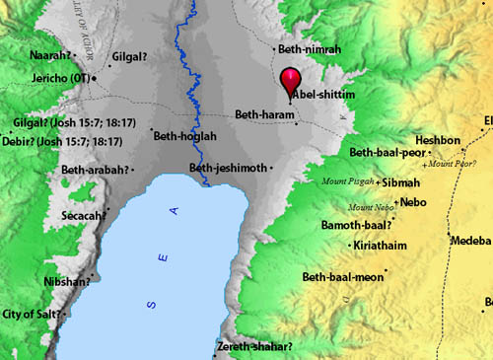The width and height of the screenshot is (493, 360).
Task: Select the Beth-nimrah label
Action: [x=308, y=47]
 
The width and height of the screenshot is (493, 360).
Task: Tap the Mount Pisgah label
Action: [x=349, y=181]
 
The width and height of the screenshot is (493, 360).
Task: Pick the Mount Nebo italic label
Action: [x=371, y=207]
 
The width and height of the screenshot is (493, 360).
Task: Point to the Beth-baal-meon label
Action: [x=384, y=276]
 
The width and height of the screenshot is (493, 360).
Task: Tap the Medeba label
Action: [x=469, y=241]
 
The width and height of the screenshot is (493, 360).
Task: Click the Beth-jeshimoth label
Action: [x=229, y=168]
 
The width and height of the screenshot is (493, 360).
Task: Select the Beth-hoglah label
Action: [x=183, y=137]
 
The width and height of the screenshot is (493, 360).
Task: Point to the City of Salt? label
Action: [x=32, y=314]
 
